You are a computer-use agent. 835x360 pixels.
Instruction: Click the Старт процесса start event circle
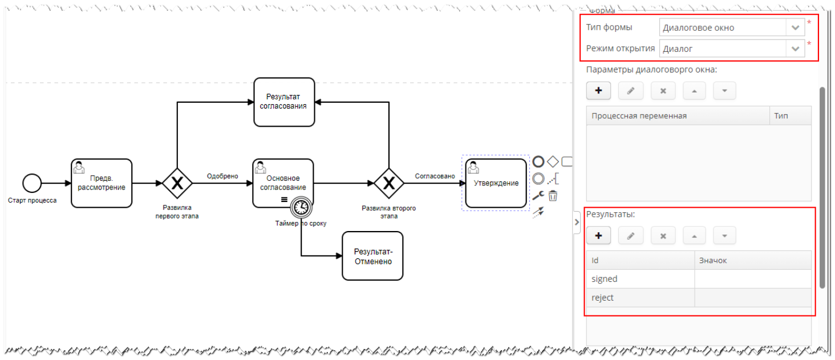tap(32, 183)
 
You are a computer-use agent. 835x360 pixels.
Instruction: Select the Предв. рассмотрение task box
tap(102, 183)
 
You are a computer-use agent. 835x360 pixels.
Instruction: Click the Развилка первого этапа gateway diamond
tap(177, 183)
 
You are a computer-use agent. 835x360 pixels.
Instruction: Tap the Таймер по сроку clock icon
tap(301, 208)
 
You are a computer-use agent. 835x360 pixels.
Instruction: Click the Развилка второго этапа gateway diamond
tap(389, 183)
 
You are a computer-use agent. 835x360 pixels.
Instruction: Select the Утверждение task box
tap(496, 183)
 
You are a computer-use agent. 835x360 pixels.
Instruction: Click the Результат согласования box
tap(284, 102)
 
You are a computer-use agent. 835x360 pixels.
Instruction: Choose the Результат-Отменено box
tap(372, 256)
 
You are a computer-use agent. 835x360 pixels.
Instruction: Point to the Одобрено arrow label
tap(222, 176)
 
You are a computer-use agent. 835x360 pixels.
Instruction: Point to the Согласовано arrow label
tap(435, 176)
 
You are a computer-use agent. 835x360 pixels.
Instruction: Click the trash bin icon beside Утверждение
tap(553, 196)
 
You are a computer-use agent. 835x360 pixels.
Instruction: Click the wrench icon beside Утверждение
tap(538, 196)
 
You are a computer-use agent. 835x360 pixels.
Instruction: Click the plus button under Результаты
tap(598, 236)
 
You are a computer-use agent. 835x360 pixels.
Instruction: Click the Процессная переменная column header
tap(677, 116)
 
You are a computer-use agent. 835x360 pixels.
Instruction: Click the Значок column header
tap(752, 260)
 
